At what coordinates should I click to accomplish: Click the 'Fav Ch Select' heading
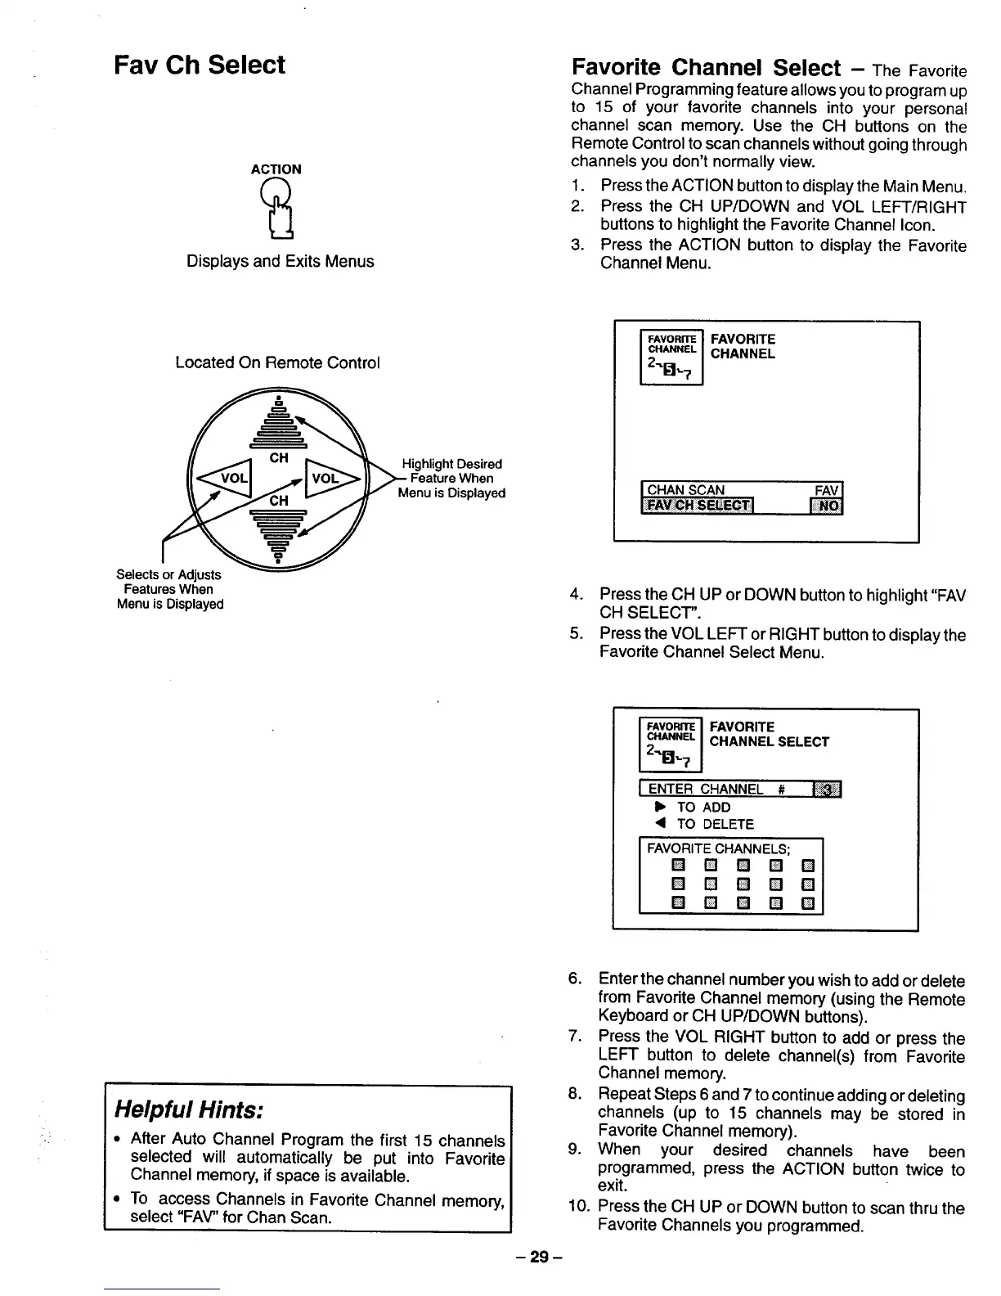[200, 65]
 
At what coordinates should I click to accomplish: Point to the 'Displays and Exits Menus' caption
[280, 261]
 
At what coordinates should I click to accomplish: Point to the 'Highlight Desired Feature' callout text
[451, 478]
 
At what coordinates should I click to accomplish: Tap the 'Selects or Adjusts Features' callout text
[169, 589]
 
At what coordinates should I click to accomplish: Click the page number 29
[537, 1257]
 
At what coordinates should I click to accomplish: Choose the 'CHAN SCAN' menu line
[686, 490]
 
